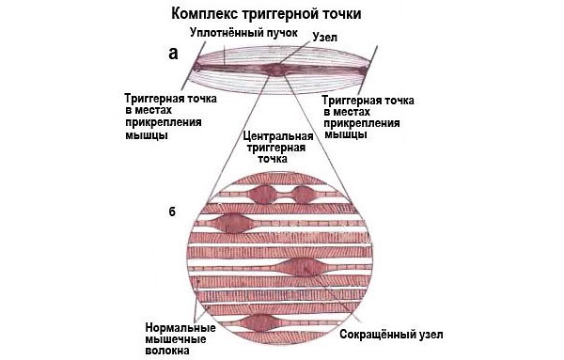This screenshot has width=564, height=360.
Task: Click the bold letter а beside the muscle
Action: [173, 54]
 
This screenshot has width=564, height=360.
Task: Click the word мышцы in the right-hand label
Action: [342, 134]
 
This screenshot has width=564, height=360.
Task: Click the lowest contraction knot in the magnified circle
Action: [259, 323]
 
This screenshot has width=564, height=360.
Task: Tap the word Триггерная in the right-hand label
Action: [353, 98]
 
